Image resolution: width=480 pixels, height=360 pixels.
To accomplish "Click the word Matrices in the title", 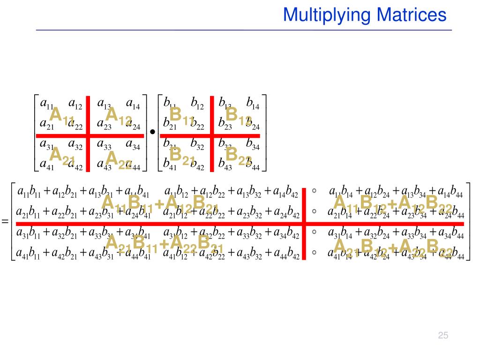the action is pyautogui.click(x=411, y=15).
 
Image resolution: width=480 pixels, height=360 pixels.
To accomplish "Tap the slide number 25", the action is pyautogui.click(x=443, y=335).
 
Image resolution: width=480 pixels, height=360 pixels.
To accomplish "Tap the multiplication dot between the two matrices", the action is pyautogui.click(x=153, y=133).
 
